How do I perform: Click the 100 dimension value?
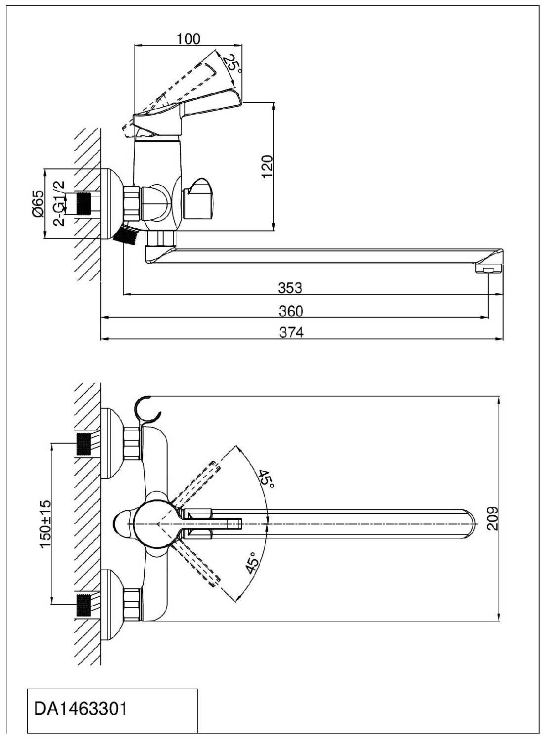click(189, 39)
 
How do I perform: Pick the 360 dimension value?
click(291, 311)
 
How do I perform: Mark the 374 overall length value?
click(292, 332)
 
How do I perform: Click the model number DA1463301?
click(81, 709)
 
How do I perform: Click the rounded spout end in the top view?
click(472, 523)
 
